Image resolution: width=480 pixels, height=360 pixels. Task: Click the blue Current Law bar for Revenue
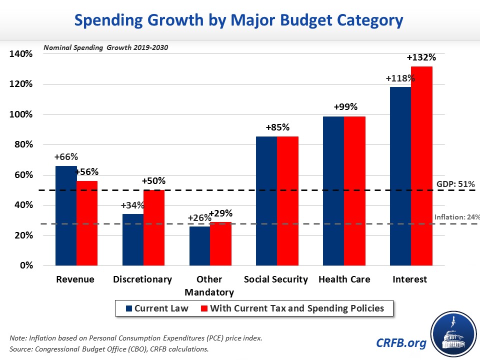66,215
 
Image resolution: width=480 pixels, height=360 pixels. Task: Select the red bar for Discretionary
153,227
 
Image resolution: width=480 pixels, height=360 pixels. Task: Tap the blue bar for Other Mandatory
199,245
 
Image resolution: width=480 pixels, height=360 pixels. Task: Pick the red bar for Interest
421,165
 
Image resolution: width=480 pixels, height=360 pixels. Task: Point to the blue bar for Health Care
333,190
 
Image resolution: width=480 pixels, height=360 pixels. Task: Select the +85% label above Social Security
276,127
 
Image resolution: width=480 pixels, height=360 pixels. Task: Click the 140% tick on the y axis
20,54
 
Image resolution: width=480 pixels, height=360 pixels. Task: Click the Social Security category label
276,279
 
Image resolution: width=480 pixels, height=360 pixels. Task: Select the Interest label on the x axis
410,279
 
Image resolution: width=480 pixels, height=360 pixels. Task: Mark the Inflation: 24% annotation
456,217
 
